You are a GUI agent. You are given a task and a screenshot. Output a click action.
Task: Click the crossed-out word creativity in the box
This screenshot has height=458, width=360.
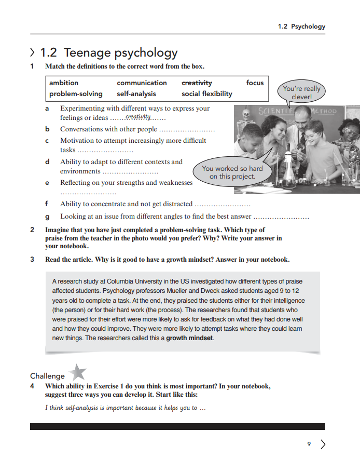coord(197,83)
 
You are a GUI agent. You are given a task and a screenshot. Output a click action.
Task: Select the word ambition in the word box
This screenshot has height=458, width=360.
coord(64,83)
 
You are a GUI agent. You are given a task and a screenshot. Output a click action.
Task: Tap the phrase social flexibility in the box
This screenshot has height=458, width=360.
coord(206,94)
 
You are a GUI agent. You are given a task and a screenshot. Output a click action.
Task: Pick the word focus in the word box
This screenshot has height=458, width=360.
coord(255,83)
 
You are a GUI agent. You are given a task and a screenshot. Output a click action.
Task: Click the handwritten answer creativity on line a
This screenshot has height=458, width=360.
coord(137,117)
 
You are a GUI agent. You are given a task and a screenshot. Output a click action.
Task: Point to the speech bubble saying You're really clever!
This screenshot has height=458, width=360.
coord(301,92)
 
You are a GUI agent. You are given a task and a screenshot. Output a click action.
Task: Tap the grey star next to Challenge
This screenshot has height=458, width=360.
coord(77,372)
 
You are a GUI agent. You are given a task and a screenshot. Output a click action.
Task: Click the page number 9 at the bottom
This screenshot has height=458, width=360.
coord(309,444)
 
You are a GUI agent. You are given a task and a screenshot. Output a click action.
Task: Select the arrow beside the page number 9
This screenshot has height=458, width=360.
coord(323,444)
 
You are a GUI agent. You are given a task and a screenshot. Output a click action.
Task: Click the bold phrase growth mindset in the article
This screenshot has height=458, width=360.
coord(189,338)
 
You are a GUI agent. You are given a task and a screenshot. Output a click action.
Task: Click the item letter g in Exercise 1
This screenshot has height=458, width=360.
coord(47,217)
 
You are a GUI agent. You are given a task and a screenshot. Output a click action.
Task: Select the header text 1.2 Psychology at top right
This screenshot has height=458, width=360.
coord(301,26)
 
